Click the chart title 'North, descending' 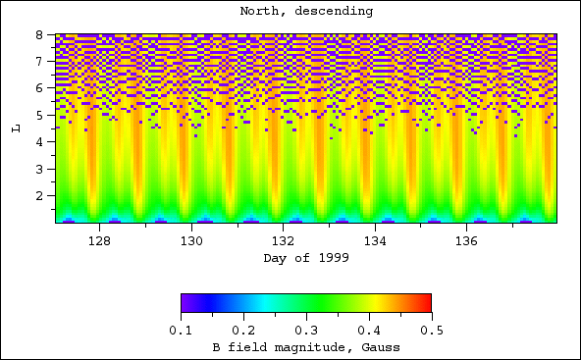coord(305,12)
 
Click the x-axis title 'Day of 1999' coord(305,258)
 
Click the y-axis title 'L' coord(13,129)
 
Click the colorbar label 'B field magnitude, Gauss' coord(305,348)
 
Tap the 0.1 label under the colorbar coord(181,331)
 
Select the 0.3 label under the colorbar coord(305,331)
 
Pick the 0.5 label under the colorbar coord(431,331)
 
